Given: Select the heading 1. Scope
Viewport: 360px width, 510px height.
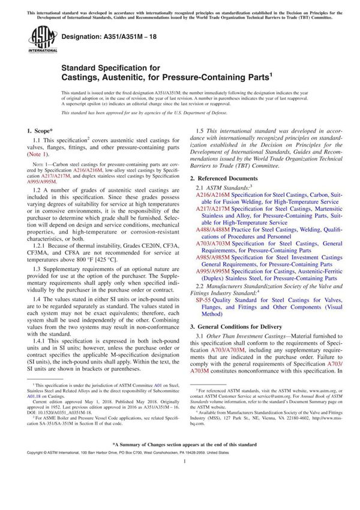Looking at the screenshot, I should pos(41,130).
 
